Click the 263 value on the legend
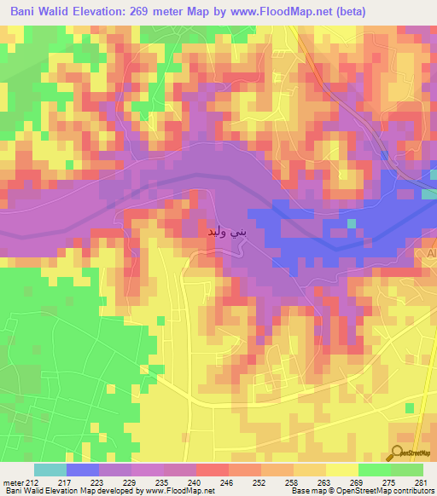tap(299, 482)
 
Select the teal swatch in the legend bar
tap(50, 470)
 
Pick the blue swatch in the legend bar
tap(83, 470)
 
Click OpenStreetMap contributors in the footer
tap(396, 491)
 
